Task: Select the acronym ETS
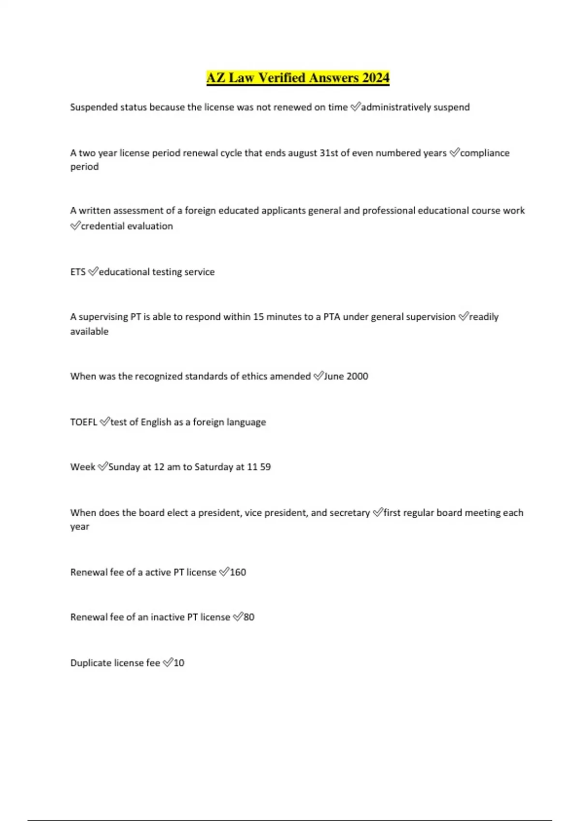point(78,272)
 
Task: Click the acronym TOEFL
point(84,422)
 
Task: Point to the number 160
point(238,572)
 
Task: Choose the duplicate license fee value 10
point(179,663)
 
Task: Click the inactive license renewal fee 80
point(249,617)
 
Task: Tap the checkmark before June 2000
point(318,376)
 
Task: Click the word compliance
point(485,153)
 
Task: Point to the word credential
point(102,226)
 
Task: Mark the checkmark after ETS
point(93,272)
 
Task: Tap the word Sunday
point(124,467)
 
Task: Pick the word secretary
point(349,513)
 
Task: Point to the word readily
point(484,317)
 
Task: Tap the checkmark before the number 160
point(224,572)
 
